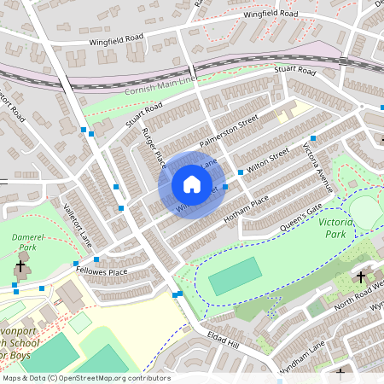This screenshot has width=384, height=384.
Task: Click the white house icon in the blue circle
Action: pyautogui.click(x=191, y=184)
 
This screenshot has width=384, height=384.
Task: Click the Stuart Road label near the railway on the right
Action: pyautogui.click(x=295, y=70)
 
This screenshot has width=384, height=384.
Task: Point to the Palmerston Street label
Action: pyautogui.click(x=228, y=131)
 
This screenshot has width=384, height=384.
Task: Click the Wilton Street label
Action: pyautogui.click(x=263, y=160)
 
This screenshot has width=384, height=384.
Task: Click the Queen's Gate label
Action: pyautogui.click(x=303, y=219)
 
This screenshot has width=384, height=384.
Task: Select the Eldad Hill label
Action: pyautogui.click(x=224, y=340)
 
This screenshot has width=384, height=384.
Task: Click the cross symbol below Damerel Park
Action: pyautogui.click(x=20, y=266)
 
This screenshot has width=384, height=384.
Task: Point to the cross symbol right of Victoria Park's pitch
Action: pyautogui.click(x=360, y=277)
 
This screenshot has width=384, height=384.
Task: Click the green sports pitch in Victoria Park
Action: pyautogui.click(x=235, y=276)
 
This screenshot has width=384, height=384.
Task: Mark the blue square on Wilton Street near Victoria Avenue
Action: pyautogui.click(x=313, y=138)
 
